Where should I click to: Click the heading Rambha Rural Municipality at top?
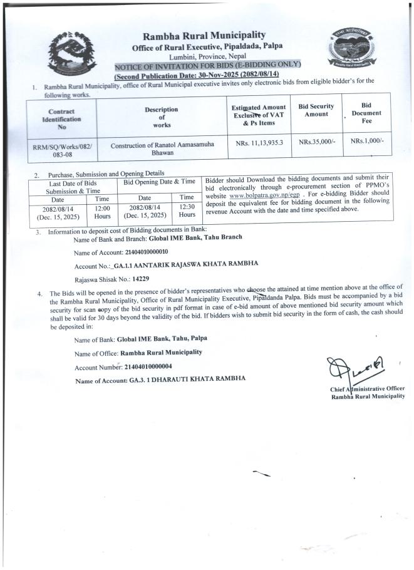click(204, 35)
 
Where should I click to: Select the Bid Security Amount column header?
click(316, 111)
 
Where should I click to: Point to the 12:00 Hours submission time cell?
click(102, 212)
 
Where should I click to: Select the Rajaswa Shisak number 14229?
click(138, 278)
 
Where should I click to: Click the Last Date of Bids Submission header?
click(65, 185)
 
